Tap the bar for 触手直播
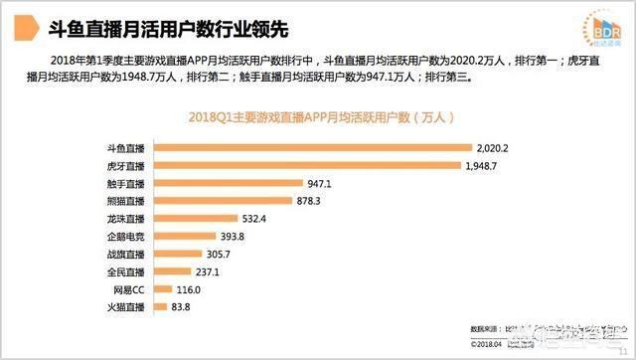coord(226,183)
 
